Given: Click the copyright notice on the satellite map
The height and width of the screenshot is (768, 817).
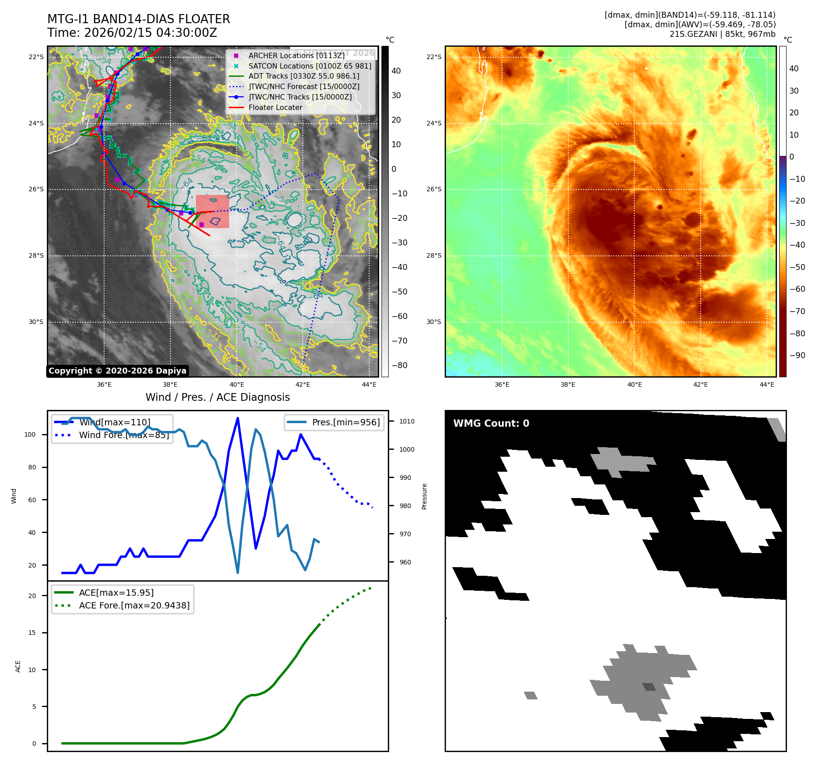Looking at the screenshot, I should point(117,371).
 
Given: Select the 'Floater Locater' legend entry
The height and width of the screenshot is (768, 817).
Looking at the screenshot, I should point(275,107).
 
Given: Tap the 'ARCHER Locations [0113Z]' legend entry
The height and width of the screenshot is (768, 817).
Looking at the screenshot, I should point(296,55).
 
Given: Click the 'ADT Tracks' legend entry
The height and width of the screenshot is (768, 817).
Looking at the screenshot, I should point(304,76).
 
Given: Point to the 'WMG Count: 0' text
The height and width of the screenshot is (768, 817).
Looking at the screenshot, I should point(491,424).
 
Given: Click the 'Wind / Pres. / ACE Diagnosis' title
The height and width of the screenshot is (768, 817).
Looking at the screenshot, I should point(217,397).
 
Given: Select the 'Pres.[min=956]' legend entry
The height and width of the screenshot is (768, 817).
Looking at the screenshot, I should point(346,422).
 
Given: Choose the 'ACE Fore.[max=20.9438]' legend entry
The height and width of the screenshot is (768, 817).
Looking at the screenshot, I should point(134,605).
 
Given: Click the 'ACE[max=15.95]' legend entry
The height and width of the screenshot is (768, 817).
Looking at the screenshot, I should point(116,593).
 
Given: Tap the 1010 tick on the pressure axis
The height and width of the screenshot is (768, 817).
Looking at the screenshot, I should point(407,421).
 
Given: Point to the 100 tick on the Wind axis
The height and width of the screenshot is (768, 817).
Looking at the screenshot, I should point(30,434).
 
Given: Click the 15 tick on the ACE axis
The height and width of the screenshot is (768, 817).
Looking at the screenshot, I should point(32,633).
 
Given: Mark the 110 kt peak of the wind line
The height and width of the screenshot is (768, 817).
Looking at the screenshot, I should point(238,418).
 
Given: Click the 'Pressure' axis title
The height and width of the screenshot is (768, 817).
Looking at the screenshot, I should point(424,496).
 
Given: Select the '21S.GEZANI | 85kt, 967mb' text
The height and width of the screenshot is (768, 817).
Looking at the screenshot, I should point(722,34).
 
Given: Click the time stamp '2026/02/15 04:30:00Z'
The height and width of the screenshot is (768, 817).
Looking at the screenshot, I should point(150,33).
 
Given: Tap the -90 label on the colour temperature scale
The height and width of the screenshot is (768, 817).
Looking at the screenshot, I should point(797,355).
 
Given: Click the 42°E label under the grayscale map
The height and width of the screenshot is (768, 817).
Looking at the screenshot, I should point(303,384).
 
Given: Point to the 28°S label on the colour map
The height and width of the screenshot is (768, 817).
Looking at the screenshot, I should point(433,255).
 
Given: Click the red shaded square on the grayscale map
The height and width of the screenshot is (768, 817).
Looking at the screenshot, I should point(212,211).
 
